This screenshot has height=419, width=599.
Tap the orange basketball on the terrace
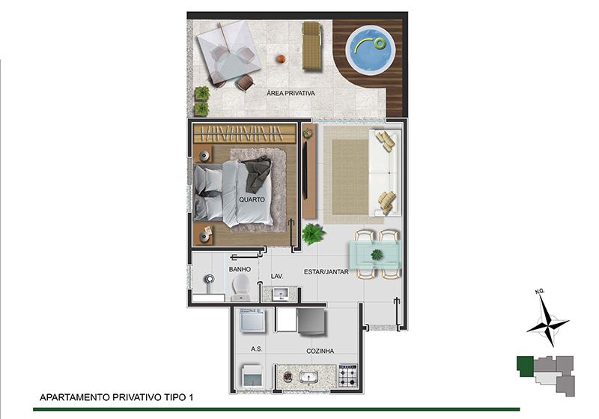click(282, 59)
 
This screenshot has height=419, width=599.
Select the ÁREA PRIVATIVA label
click(291, 93)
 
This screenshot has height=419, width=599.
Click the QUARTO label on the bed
click(252, 199)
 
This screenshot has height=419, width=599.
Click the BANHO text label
click(240, 269)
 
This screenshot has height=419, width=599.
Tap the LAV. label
click(277, 276)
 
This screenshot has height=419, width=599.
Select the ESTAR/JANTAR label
click(326, 272)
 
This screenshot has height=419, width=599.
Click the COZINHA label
click(320, 351)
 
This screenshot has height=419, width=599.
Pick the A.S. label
click(256, 349)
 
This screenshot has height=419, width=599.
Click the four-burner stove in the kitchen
click(347, 376)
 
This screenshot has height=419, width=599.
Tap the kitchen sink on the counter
click(308, 378)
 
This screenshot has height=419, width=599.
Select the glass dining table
click(375, 254)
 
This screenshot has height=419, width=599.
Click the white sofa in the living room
click(385, 173)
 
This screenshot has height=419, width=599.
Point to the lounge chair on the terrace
click(311, 46)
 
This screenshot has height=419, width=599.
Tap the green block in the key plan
click(526, 367)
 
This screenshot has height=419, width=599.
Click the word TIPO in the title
click(175, 397)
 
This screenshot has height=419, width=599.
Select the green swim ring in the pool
click(380, 43)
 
